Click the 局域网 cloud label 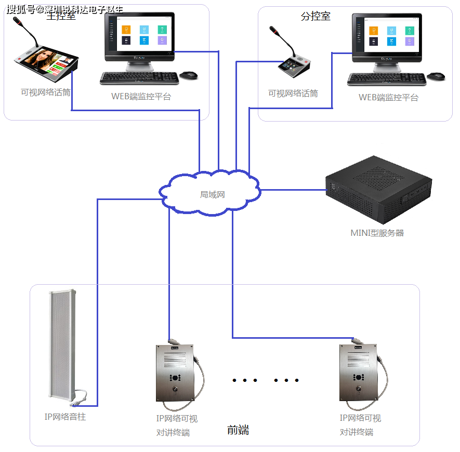click(212, 195)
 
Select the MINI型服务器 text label click(377, 233)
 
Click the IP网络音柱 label click(65, 417)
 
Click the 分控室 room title click(316, 17)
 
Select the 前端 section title click(238, 430)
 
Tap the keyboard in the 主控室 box click(139, 77)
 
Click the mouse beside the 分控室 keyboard click(436, 76)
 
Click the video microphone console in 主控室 click(46, 62)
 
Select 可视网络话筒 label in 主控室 click(46, 92)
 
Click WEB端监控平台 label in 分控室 click(388, 97)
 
